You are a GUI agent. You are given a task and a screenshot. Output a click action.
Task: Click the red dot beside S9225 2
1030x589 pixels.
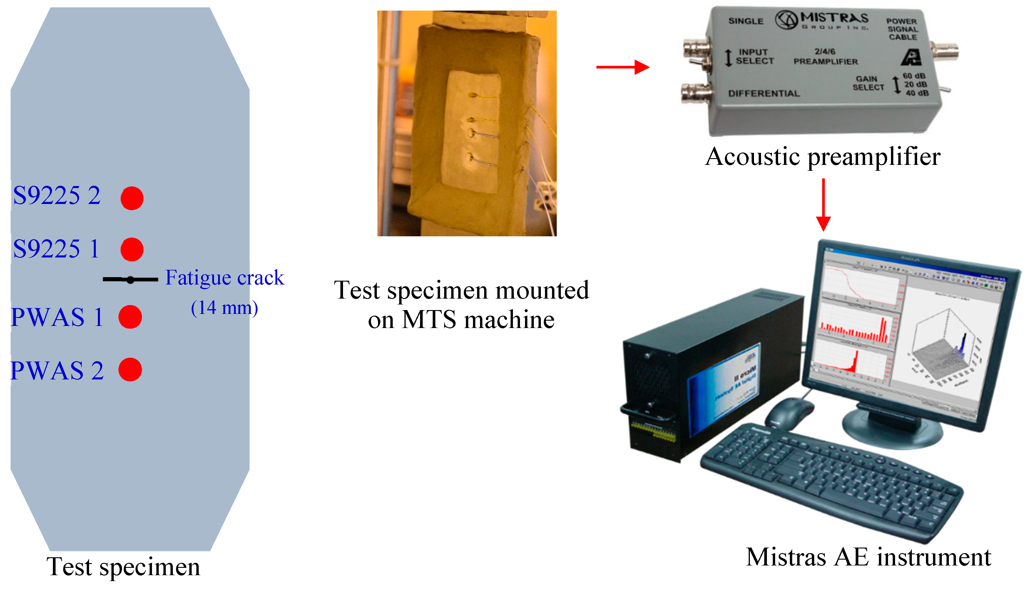point(132,198)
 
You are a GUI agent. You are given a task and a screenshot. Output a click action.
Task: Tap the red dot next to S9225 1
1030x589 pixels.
point(132,249)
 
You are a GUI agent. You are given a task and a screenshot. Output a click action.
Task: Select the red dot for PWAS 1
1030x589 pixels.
point(130,317)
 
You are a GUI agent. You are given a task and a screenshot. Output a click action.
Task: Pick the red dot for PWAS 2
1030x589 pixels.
point(130,369)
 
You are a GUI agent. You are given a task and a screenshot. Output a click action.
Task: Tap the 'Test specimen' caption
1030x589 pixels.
point(123,566)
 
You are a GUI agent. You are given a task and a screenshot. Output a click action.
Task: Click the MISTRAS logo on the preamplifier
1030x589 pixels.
point(821,20)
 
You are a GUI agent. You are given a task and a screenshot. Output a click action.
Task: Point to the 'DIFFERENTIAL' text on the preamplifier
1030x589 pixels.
point(764,93)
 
